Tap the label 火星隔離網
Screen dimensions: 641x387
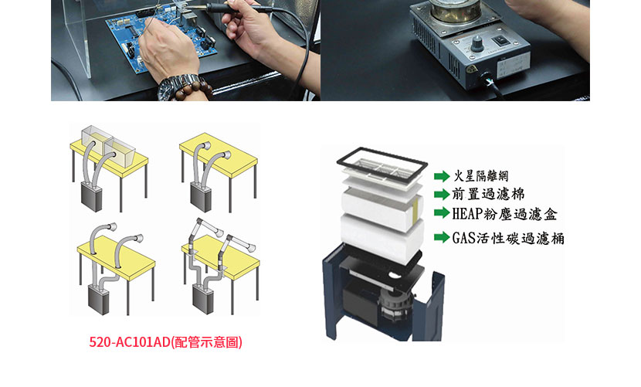point(481,176)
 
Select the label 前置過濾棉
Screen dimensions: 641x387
point(488,194)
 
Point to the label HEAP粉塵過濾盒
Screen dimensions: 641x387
point(504,213)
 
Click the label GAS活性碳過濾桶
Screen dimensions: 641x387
point(508,238)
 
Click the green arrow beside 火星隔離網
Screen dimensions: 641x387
point(442,176)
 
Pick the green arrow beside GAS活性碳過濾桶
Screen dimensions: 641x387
point(442,237)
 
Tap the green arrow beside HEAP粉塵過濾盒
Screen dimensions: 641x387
point(442,212)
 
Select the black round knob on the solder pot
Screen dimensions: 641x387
point(477,44)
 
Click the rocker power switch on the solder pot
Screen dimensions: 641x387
point(499,40)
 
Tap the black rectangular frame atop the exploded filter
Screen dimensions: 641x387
point(382,163)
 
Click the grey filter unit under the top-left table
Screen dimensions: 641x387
point(92,197)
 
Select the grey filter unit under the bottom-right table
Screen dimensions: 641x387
point(204,299)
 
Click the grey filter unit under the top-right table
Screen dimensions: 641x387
point(201,198)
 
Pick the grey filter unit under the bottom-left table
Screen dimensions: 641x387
point(99,300)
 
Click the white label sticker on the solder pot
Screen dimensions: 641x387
point(514,64)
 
